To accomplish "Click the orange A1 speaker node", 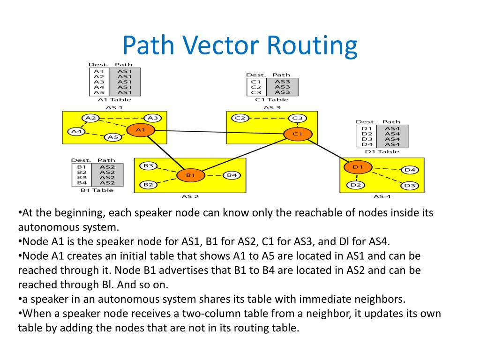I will [x=141, y=129].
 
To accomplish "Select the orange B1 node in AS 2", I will [x=190, y=175].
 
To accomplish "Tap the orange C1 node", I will [x=298, y=134].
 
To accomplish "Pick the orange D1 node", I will [x=358, y=166].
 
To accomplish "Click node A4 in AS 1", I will [x=76, y=132].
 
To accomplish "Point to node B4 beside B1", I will [x=232, y=175].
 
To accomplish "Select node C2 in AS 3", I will [x=240, y=118].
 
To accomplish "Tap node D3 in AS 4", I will [x=410, y=186].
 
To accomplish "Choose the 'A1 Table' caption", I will [x=114, y=99].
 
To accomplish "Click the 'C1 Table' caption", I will [x=272, y=99].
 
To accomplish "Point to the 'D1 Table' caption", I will [x=382, y=151].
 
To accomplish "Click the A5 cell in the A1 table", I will [x=99, y=93].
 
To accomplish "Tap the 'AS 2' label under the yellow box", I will [x=190, y=196].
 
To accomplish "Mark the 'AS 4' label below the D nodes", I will [x=382, y=196].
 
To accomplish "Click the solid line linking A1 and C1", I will [x=220, y=132].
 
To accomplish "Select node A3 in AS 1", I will [x=152, y=118].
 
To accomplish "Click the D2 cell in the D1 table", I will [x=367, y=134].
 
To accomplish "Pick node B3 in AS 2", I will [x=149, y=165].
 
